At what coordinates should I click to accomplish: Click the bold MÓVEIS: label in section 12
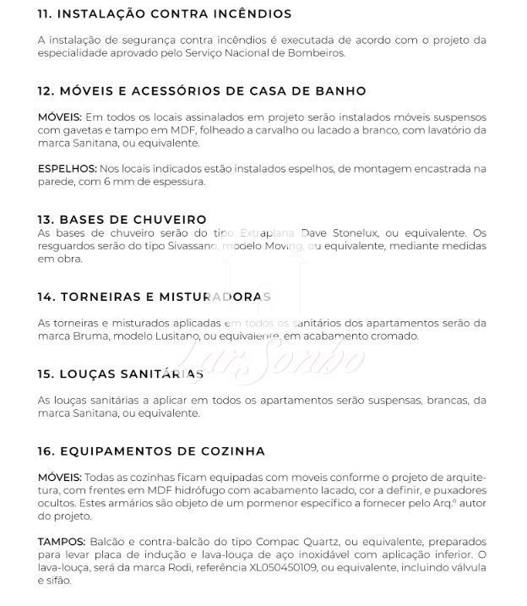(60, 117)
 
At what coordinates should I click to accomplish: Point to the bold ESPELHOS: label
(67, 168)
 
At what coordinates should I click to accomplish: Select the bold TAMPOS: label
(62, 541)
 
